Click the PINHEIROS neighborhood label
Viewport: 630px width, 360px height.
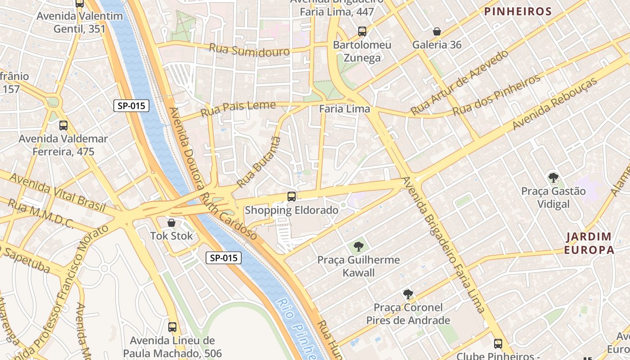tap(518, 12)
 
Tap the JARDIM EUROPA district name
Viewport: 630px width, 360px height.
tap(589, 243)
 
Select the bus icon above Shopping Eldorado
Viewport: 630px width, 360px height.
tap(292, 196)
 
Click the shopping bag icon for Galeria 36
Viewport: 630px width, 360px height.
tap(436, 31)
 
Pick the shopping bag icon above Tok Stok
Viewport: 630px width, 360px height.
tap(171, 222)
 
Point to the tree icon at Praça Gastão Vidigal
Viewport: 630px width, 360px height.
tap(553, 177)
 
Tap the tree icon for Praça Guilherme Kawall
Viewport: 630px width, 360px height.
tap(358, 246)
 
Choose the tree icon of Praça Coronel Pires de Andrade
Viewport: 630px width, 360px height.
tap(408, 294)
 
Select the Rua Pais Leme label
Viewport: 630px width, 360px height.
tap(238, 108)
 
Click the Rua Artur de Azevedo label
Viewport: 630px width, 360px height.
tap(459, 82)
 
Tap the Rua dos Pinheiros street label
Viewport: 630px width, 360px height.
tap(496, 95)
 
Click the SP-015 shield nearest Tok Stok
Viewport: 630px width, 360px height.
tap(224, 258)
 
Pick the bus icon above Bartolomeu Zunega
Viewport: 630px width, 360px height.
tap(362, 31)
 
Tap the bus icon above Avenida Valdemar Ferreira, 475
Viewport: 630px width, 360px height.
tap(63, 125)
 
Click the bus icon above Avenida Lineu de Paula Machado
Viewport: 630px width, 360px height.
tap(172, 327)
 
